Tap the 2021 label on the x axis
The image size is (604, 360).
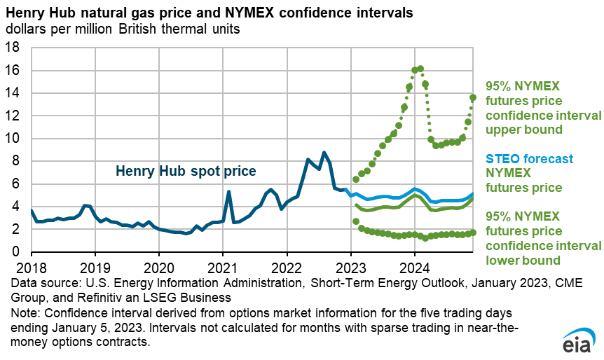223,267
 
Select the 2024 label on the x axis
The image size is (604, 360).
415,267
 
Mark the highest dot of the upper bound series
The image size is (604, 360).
420,69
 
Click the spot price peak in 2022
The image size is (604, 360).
324,153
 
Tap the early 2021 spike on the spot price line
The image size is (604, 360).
228,191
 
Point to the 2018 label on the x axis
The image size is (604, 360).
31,267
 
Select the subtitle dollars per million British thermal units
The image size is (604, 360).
122,29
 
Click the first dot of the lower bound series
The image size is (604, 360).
356,221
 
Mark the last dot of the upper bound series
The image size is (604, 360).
473,97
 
